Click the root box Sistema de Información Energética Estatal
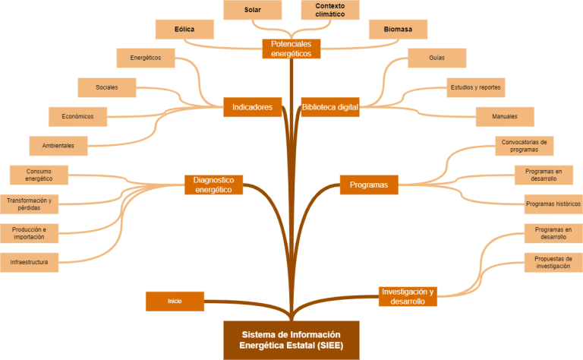tap(291, 339)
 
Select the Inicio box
tap(175, 302)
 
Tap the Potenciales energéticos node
tap(291, 49)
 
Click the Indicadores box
tap(253, 107)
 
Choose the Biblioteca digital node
tap(329, 107)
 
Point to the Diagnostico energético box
tap(213, 185)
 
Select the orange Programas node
tap(369, 185)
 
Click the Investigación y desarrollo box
tap(408, 296)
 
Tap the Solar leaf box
tap(253, 10)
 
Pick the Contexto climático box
tap(329, 10)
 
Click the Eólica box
tap(184, 30)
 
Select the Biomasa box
tap(398, 30)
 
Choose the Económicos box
tap(77, 116)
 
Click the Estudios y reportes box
tap(474, 87)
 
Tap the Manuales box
tap(505, 116)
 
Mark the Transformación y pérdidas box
tap(29, 204)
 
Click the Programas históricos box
tap(553, 204)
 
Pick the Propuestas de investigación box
tap(553, 263)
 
